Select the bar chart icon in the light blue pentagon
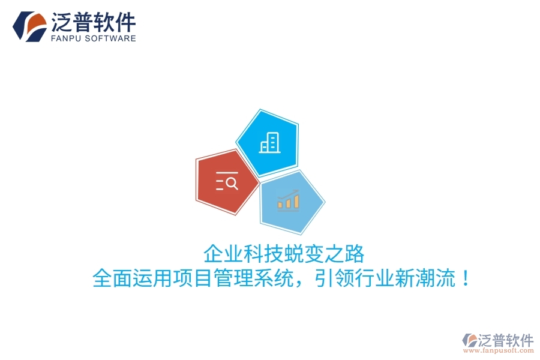[288, 199]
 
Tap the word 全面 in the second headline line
[113, 278]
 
